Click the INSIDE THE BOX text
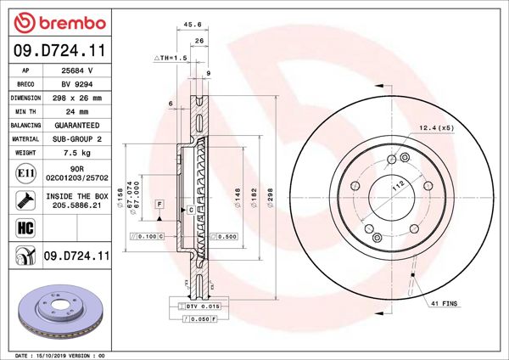tap(77, 196)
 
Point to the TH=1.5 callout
tap(170, 58)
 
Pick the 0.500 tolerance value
tap(227, 237)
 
